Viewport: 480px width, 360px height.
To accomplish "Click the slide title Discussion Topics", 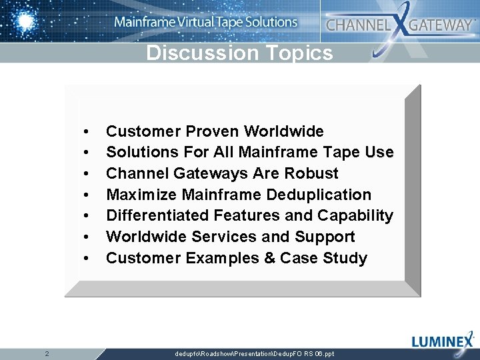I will coord(239,53).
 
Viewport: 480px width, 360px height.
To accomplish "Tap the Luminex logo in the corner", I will coord(443,341).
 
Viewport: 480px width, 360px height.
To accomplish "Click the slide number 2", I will coord(47,353).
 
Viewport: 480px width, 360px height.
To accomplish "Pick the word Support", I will coord(325,237).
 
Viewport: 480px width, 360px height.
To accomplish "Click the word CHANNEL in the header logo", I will coord(357,25).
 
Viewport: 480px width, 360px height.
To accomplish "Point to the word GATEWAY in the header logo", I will coord(441,25).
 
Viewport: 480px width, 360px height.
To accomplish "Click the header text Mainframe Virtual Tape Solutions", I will coord(205,22).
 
